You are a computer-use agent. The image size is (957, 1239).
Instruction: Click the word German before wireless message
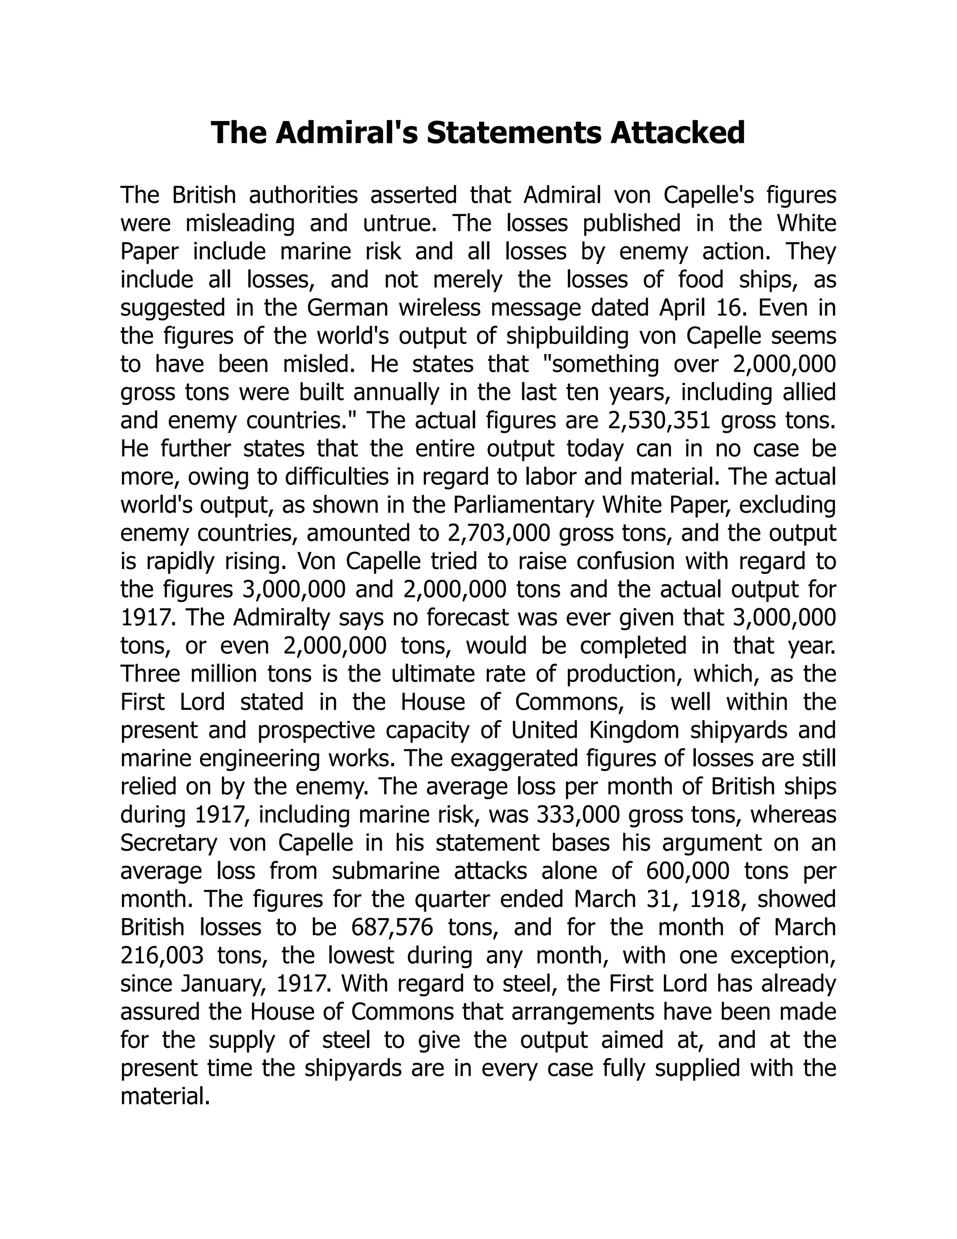coord(348,308)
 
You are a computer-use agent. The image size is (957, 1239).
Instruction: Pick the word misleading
coord(240,223)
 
